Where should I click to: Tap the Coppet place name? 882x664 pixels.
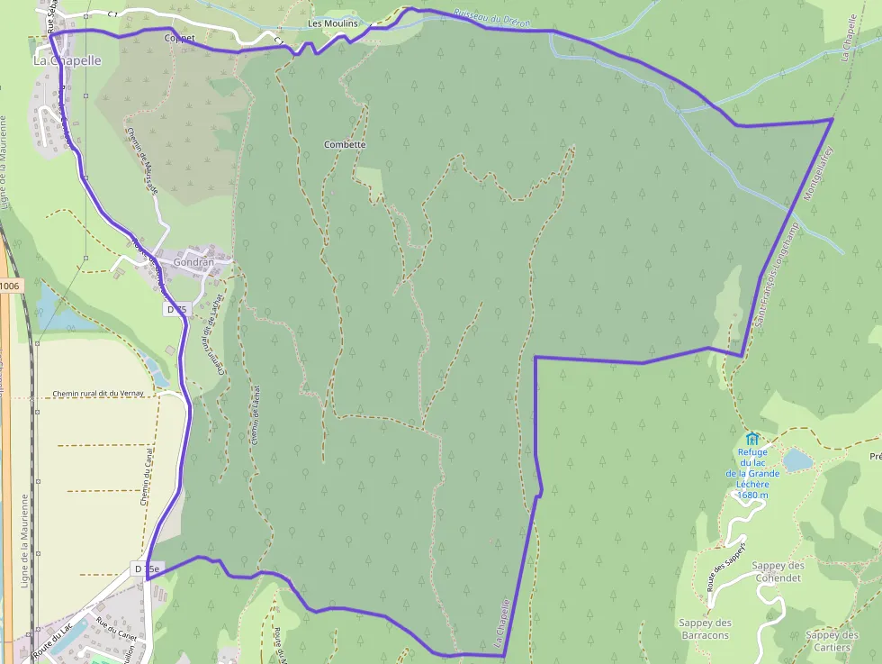tap(179, 39)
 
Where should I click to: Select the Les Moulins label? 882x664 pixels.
tap(332, 23)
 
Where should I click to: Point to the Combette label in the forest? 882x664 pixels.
tap(346, 144)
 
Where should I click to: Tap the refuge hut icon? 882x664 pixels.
tap(752, 439)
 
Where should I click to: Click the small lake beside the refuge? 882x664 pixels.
tap(797, 460)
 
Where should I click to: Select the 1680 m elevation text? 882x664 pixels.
tap(752, 495)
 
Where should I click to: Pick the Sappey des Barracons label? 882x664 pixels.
tap(705, 629)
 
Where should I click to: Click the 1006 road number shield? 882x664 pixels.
tap(9, 286)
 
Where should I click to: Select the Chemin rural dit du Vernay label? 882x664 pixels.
tap(98, 394)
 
